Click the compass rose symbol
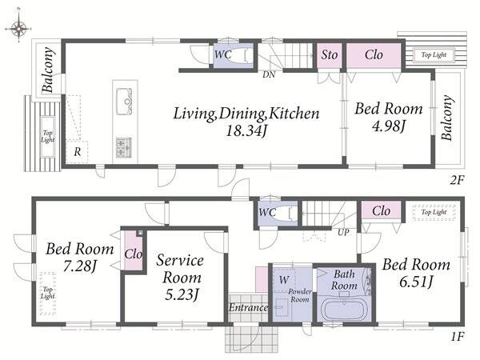click(x=18, y=28)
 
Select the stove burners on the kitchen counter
click(x=124, y=147)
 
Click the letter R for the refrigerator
click(x=78, y=151)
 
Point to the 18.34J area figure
click(x=246, y=131)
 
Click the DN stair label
click(x=269, y=74)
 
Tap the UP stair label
click(x=343, y=232)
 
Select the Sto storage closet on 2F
click(x=329, y=55)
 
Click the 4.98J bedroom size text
click(x=389, y=126)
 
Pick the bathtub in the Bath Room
click(x=345, y=310)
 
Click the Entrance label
click(x=249, y=307)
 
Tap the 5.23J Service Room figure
click(x=182, y=294)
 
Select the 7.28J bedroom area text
click(x=80, y=266)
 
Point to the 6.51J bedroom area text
click(x=416, y=282)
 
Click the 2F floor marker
click(x=457, y=180)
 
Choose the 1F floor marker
click(x=457, y=337)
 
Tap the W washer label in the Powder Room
click(x=284, y=280)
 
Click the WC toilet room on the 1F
click(x=278, y=214)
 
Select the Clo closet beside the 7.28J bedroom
click(x=133, y=250)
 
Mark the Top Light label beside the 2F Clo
click(x=434, y=54)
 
